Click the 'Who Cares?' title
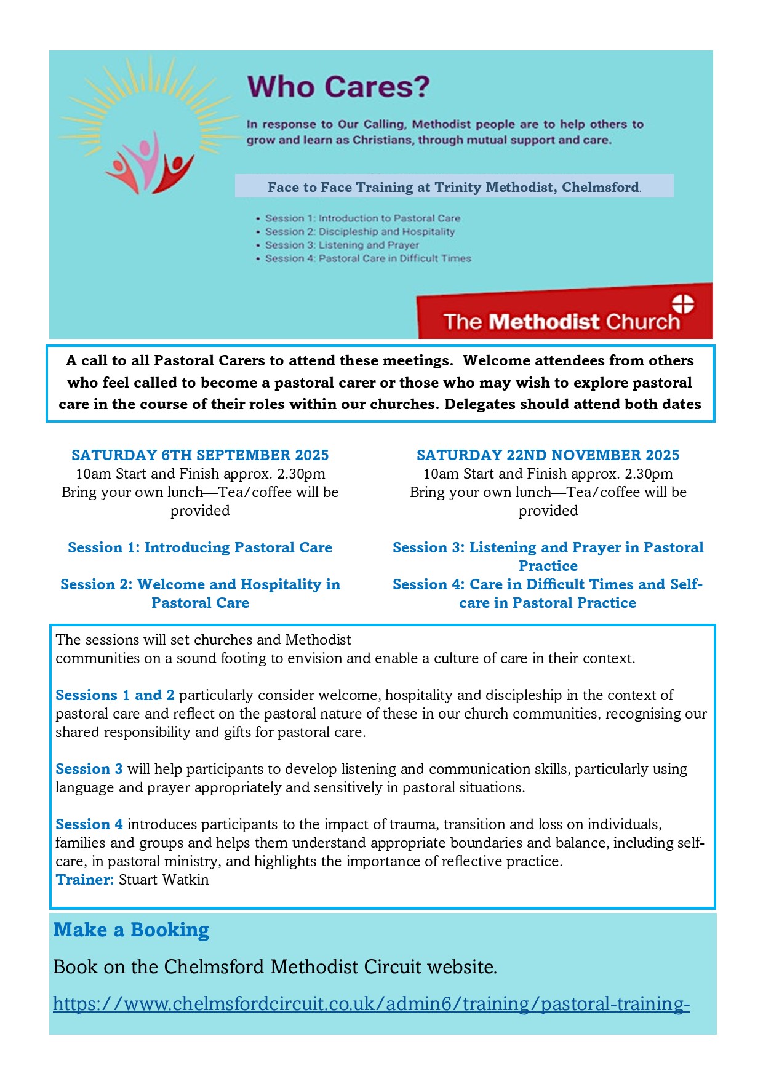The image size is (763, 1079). click(338, 87)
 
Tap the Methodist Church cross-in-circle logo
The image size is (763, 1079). click(682, 304)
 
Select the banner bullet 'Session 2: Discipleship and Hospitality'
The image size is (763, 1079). click(359, 232)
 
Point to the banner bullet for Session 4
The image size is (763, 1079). click(367, 259)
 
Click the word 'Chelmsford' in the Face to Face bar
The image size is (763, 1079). click(600, 187)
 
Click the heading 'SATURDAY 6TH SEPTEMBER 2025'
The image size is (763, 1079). click(200, 455)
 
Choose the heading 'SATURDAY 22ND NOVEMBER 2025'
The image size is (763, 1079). click(548, 455)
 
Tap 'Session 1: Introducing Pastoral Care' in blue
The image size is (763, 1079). click(200, 547)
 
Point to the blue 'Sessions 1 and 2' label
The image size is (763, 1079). click(114, 695)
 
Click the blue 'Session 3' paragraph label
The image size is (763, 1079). click(89, 769)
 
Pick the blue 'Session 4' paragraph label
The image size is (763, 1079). click(89, 824)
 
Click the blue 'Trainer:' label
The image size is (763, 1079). click(84, 880)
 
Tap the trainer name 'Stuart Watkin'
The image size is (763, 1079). click(164, 880)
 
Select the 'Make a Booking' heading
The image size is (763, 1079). click(131, 930)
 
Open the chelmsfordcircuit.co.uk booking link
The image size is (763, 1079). click(371, 1004)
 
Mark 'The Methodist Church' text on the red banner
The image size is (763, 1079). click(561, 322)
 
